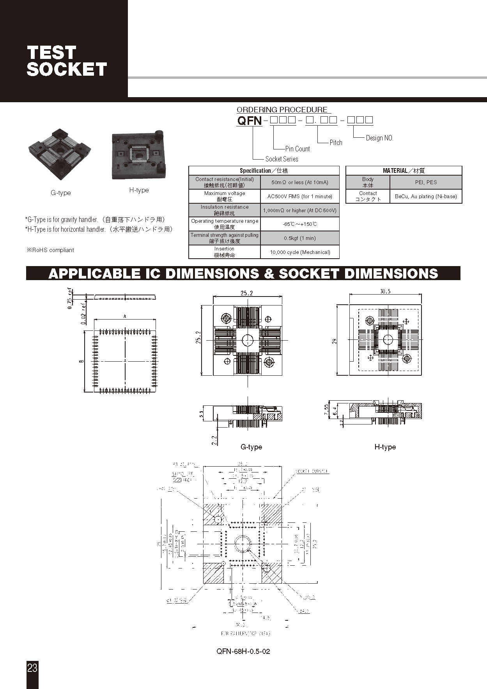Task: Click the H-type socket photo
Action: [x=139, y=155]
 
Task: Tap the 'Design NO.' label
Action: [x=379, y=138]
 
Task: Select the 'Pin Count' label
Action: [x=298, y=149]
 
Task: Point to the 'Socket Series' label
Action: [x=282, y=159]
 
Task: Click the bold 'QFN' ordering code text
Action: [x=250, y=121]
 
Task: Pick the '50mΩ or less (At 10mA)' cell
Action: [x=300, y=182]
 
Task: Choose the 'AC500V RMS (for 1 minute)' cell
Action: [x=300, y=196]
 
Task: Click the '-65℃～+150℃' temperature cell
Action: [x=300, y=224]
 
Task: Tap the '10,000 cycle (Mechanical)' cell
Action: [x=300, y=252]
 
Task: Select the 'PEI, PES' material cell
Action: [x=426, y=182]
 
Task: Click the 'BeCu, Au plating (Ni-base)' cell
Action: [x=426, y=196]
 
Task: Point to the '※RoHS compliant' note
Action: [x=50, y=250]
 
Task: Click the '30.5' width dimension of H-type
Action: [x=385, y=291]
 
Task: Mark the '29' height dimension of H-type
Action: [x=334, y=341]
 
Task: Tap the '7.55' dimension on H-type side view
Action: [x=326, y=410]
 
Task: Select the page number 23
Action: [x=32, y=668]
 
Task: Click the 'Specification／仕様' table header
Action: [x=264, y=170]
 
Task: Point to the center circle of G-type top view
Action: [x=248, y=340]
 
